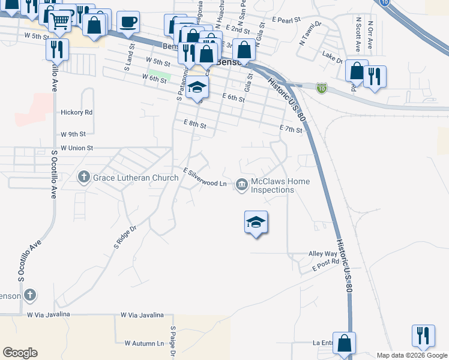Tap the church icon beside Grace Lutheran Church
tap(83, 177)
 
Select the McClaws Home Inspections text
tap(273, 185)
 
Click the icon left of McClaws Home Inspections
tap(242, 184)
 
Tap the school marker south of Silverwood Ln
tap(256, 223)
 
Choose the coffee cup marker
tap(128, 23)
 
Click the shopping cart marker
tap(60, 21)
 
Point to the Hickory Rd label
tap(76, 112)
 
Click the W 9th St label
tap(73, 134)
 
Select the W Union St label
tap(77, 148)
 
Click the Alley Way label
tap(323, 254)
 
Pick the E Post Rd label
tap(325, 265)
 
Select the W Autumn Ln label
tap(144, 343)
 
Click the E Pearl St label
tap(286, 20)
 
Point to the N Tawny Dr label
tap(310, 34)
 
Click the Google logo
tap(20, 353)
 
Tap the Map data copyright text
tap(411, 355)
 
